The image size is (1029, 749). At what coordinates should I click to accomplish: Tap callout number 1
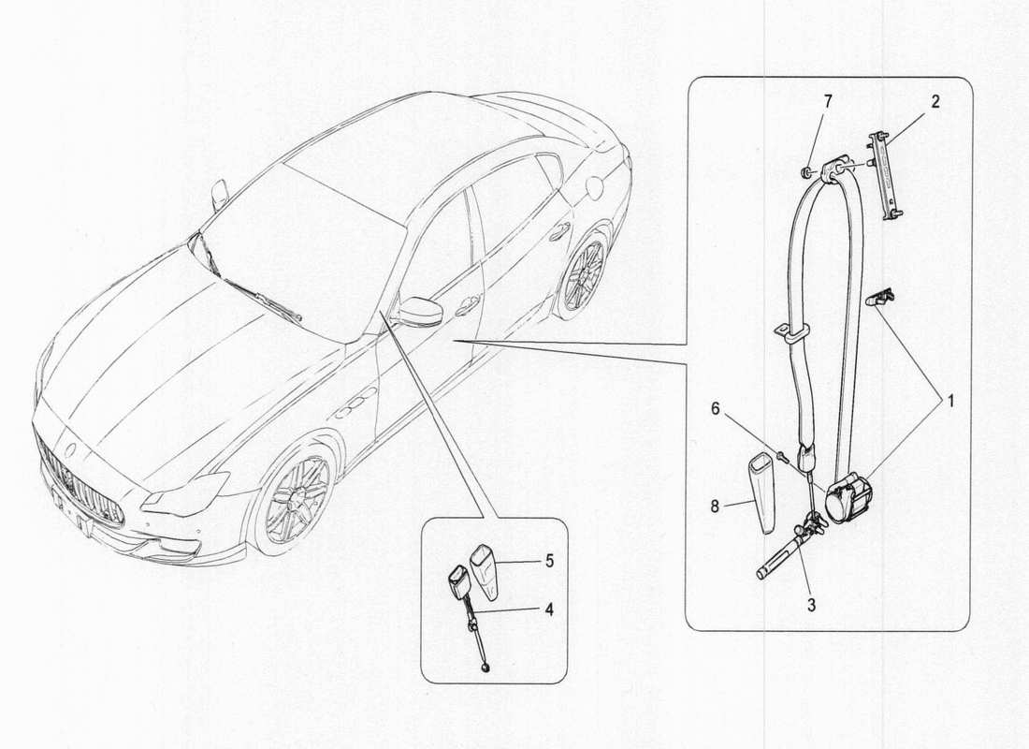pyautogui.click(x=948, y=402)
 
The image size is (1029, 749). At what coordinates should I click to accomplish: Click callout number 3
pyautogui.click(x=811, y=605)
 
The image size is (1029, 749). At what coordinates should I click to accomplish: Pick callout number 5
pyautogui.click(x=550, y=562)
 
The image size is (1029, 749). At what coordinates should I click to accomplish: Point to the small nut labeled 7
pyautogui.click(x=804, y=171)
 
